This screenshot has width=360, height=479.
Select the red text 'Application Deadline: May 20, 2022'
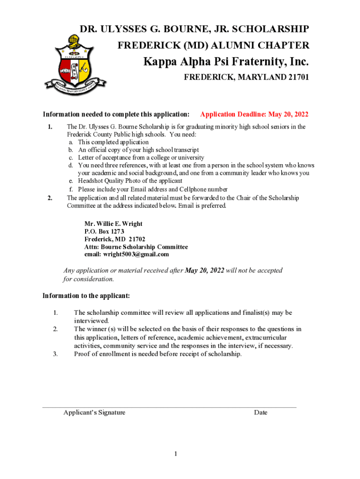tap(254, 115)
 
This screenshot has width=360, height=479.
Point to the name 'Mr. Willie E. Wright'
tap(113, 224)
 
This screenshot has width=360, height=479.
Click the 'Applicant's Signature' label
tap(94, 413)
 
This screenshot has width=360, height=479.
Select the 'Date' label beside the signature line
tap(260, 413)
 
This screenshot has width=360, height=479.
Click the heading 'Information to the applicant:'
tap(86, 296)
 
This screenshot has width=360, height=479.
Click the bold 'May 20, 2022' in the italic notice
tap(205, 271)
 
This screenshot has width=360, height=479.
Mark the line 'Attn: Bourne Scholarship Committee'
tap(136, 247)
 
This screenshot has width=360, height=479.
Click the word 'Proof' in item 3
tap(83, 354)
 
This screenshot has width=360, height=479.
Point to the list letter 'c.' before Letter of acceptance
tap(71, 158)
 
